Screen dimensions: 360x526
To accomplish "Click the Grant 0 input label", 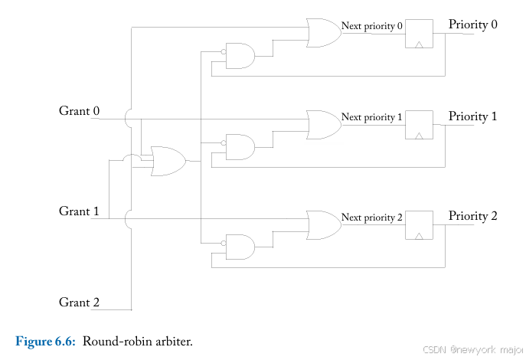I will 80,111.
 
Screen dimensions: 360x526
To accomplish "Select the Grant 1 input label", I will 80,211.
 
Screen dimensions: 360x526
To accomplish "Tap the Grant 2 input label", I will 80,303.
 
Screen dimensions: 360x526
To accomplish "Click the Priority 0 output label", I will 472,25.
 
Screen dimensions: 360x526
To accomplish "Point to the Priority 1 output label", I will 472,116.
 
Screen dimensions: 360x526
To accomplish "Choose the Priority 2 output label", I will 472,216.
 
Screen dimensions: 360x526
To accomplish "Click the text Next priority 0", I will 371,26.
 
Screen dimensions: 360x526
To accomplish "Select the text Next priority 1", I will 371,117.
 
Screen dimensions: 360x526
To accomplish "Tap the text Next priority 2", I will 371,218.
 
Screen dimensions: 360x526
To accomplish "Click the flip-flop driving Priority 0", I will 418,34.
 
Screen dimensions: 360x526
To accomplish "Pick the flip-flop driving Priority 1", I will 418,125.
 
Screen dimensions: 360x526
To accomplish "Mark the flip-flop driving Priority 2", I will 418,224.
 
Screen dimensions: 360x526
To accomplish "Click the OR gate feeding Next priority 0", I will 322,33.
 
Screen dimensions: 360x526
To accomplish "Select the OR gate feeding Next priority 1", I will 322,124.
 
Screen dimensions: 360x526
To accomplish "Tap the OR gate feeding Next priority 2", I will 322,224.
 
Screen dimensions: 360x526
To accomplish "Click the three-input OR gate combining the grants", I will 168,161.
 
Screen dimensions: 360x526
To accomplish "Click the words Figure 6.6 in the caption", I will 45,341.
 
